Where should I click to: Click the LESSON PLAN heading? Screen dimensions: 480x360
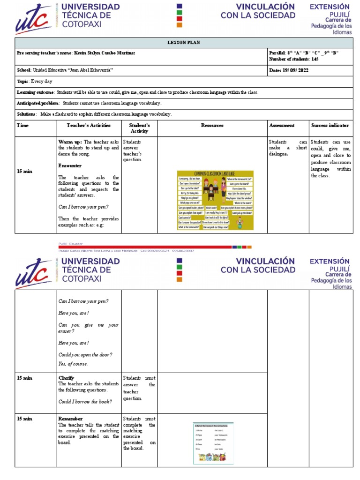click(x=184, y=43)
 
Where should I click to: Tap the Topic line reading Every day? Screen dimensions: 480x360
click(x=37, y=81)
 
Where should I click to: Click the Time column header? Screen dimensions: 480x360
click(x=22, y=126)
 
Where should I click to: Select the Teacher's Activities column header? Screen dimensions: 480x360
click(x=89, y=126)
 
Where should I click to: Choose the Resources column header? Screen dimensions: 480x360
click(x=212, y=126)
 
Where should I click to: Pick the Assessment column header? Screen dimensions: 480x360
click(x=282, y=126)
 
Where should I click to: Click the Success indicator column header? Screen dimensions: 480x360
click(x=330, y=126)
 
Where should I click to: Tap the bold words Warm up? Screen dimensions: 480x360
click(x=70, y=142)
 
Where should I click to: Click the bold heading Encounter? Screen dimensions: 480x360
click(x=70, y=166)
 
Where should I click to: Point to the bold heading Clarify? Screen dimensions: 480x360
click(x=66, y=378)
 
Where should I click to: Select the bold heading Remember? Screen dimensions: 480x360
click(x=70, y=419)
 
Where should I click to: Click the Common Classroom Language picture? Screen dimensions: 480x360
click(x=216, y=200)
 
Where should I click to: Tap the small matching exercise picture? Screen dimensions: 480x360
click(x=213, y=443)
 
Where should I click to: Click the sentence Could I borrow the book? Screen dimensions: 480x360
click(x=85, y=402)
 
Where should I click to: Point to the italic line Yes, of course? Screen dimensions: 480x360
click(x=73, y=364)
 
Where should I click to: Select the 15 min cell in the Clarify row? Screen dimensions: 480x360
click(x=24, y=378)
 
